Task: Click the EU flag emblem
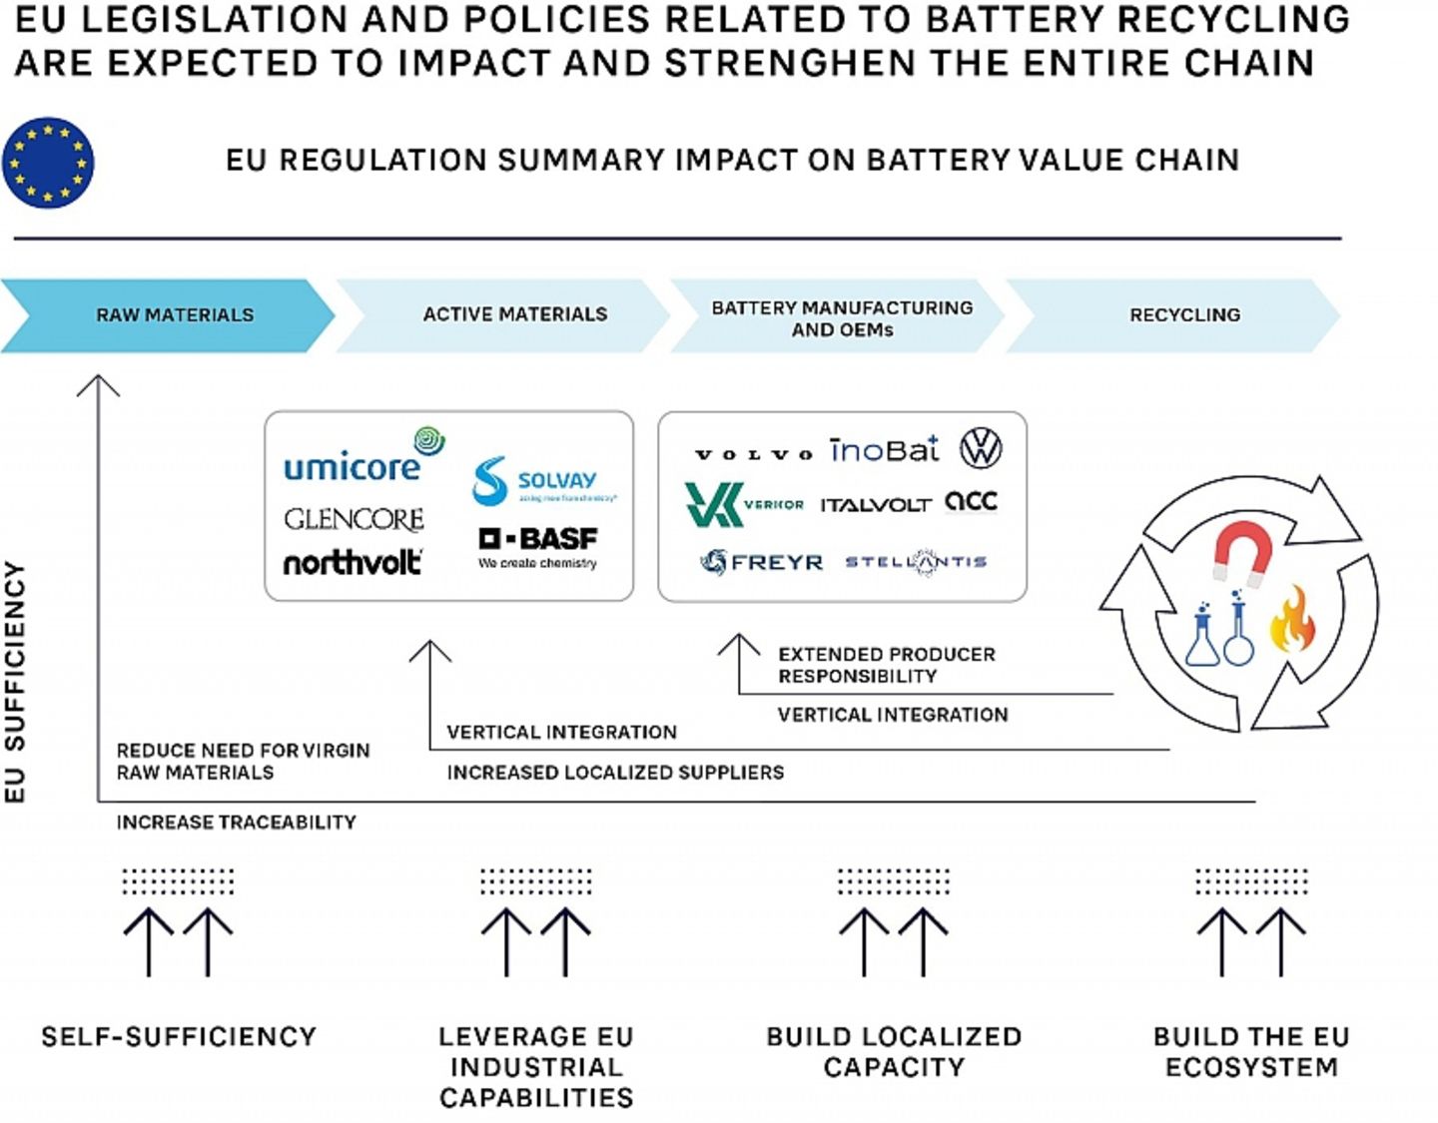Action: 48,163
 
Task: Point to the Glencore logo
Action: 354,519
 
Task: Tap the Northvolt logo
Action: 353,563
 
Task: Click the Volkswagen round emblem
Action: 981,448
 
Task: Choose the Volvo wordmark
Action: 754,454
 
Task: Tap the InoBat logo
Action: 885,450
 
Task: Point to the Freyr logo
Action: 762,562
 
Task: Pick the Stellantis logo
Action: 916,562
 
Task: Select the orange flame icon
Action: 1292,620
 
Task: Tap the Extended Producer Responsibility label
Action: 887,665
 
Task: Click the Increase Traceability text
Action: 236,823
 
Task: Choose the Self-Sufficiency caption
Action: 179,1037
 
